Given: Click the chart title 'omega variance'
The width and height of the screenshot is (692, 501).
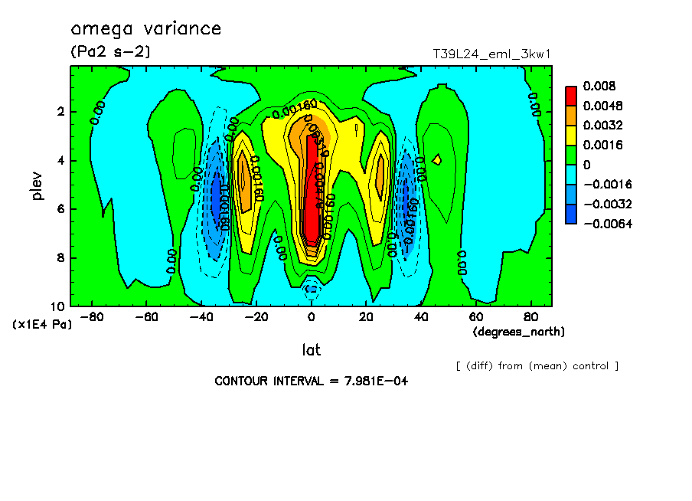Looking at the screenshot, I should tap(145, 29).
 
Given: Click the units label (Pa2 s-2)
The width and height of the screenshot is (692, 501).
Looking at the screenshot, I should tap(110, 52).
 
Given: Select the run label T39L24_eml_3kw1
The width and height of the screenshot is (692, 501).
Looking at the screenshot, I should tap(491, 54).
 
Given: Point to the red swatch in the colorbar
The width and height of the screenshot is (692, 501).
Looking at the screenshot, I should tap(571, 94).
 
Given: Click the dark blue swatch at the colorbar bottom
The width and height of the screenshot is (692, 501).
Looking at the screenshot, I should tap(571, 214).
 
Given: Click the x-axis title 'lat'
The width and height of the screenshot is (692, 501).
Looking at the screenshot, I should tap(311, 350).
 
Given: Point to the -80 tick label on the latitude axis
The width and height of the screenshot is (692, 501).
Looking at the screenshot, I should tap(92, 316).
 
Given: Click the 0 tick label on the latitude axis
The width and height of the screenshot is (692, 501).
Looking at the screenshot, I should tap(311, 316).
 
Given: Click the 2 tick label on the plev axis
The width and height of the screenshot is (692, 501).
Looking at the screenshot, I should tap(61, 112).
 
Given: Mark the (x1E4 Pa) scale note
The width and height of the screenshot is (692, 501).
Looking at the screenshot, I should tap(43, 325).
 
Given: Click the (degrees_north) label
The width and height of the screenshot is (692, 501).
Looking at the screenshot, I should tap(520, 332).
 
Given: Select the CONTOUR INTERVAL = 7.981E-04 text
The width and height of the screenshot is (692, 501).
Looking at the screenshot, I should tap(311, 381).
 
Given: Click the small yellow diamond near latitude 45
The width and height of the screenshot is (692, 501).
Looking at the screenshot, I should tap(437, 159).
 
